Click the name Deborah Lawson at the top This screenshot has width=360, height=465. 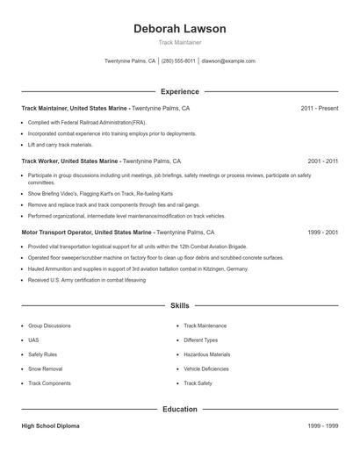point(179,29)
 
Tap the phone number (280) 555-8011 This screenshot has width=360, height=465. point(178,61)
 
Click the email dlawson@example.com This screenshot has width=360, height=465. point(228,61)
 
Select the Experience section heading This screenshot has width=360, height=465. point(179,91)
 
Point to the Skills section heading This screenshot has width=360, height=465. point(179,306)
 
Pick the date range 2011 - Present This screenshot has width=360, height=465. point(319,108)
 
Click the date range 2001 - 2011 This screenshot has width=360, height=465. point(322,162)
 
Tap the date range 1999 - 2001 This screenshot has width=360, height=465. point(322,233)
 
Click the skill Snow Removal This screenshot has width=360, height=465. point(45,369)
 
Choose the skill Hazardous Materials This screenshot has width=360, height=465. point(206,354)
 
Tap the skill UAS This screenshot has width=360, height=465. point(33,340)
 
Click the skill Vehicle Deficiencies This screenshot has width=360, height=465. point(207,369)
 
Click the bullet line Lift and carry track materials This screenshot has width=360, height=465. point(60,144)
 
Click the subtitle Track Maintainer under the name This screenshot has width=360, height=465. point(179,42)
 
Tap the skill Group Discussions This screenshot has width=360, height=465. point(49,325)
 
